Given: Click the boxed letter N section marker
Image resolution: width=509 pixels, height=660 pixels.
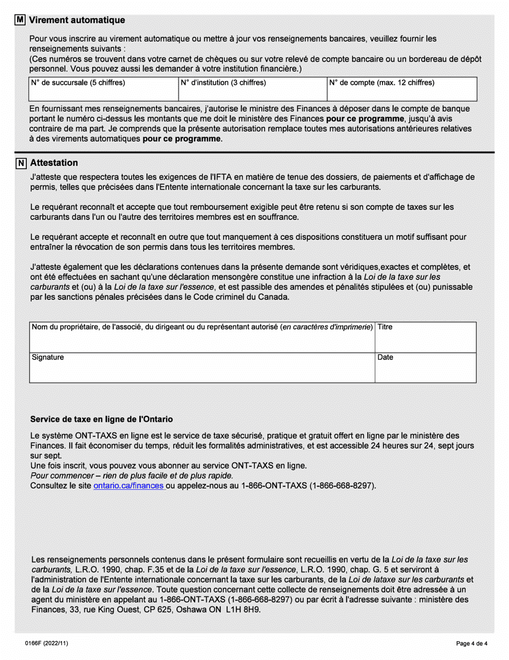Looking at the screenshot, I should click(20, 163).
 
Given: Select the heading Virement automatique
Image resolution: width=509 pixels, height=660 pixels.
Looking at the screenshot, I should click(77, 20).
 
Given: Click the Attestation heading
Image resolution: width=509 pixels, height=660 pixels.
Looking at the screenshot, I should click(54, 163).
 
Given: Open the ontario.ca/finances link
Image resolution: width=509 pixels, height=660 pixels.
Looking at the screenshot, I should click(128, 486).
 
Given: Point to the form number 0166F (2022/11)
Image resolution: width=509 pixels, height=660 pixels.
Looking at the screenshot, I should click(46, 643).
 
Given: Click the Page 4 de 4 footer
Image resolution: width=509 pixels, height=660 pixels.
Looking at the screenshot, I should click(471, 643).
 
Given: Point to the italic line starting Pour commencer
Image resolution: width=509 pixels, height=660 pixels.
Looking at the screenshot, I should click(132, 475).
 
